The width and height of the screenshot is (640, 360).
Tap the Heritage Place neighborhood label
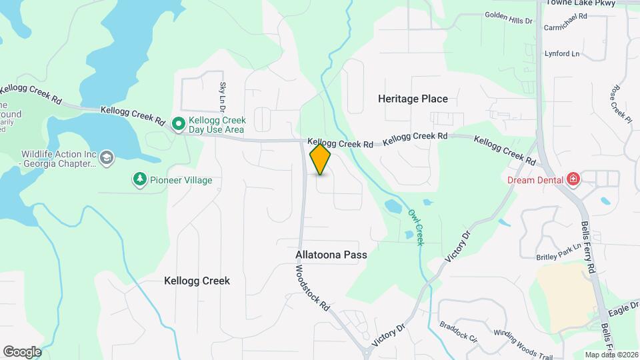[413, 99]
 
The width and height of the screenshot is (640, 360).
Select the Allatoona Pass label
[331, 255]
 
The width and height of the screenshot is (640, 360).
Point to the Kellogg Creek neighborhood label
[197, 281]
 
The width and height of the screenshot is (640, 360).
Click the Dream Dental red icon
[572, 179]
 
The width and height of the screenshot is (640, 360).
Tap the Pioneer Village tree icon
[139, 180]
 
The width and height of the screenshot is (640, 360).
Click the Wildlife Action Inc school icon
[106, 157]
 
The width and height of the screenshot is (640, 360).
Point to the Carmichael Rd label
[565, 29]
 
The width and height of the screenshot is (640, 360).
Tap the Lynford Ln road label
[562, 53]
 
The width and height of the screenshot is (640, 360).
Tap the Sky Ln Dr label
[223, 97]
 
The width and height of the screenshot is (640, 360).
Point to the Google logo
[22, 352]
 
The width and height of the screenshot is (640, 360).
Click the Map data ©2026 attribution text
[611, 355]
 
